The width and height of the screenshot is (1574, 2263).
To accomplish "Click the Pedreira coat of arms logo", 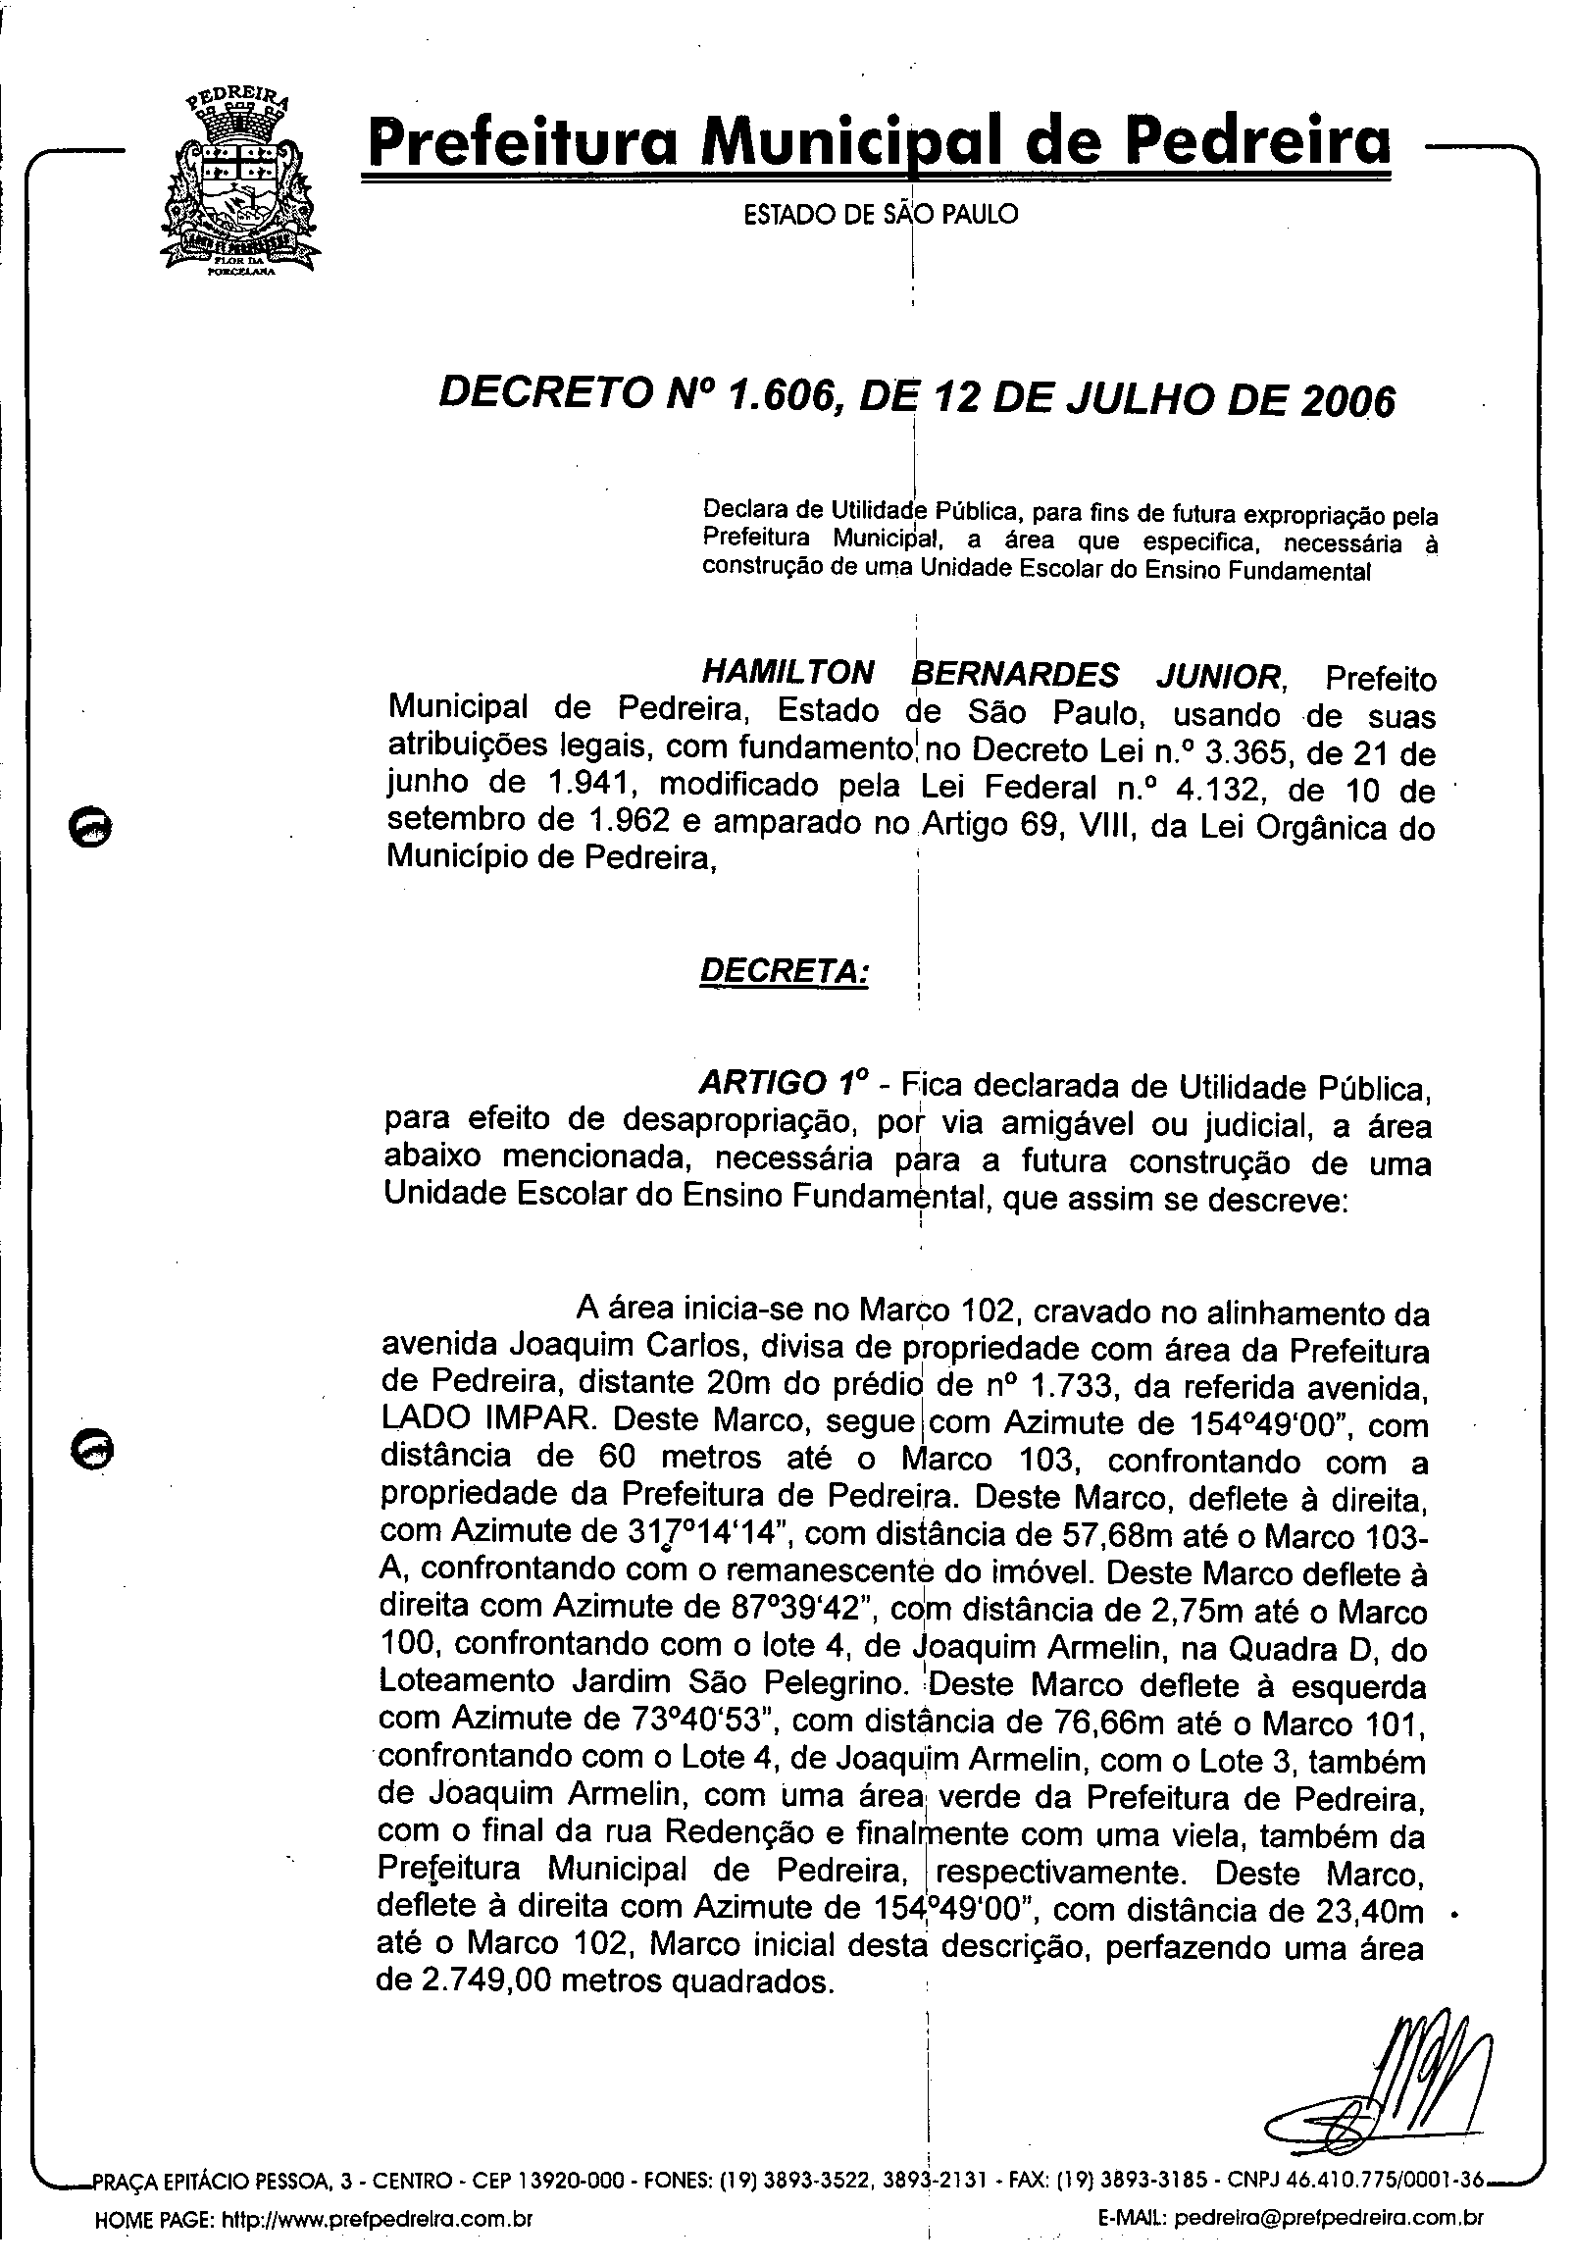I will coord(239,182).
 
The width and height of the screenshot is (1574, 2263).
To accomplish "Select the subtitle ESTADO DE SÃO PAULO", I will coord(880,214).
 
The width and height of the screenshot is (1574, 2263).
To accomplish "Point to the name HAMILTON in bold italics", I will coord(787,674).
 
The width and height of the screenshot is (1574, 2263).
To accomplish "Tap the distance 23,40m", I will coord(1369,1912).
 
